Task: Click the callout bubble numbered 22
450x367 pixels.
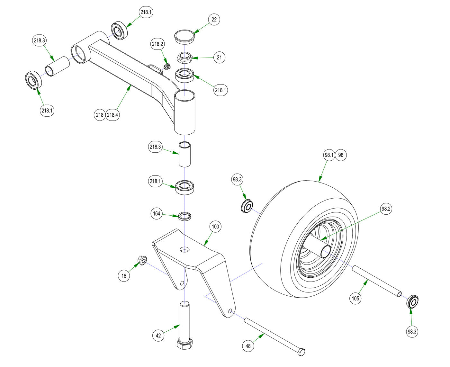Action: [x=214, y=20]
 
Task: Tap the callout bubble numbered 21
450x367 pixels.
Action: [x=219, y=58]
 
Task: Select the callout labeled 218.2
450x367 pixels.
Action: [x=157, y=44]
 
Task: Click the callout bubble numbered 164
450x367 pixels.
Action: [x=157, y=214]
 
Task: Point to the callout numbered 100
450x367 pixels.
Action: [x=215, y=227]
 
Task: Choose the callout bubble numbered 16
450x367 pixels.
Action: [x=124, y=276]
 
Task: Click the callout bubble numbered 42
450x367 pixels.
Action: [x=158, y=336]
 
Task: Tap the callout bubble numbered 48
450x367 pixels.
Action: [x=248, y=346]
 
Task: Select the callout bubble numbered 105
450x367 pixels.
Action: [x=355, y=299]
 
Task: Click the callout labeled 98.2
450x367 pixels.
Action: [x=386, y=209]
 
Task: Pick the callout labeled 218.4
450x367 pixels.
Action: [x=113, y=115]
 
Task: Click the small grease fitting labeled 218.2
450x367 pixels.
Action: [x=166, y=67]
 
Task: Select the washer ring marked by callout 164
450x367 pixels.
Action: [x=185, y=216]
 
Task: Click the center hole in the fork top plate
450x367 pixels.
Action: [x=184, y=249]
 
